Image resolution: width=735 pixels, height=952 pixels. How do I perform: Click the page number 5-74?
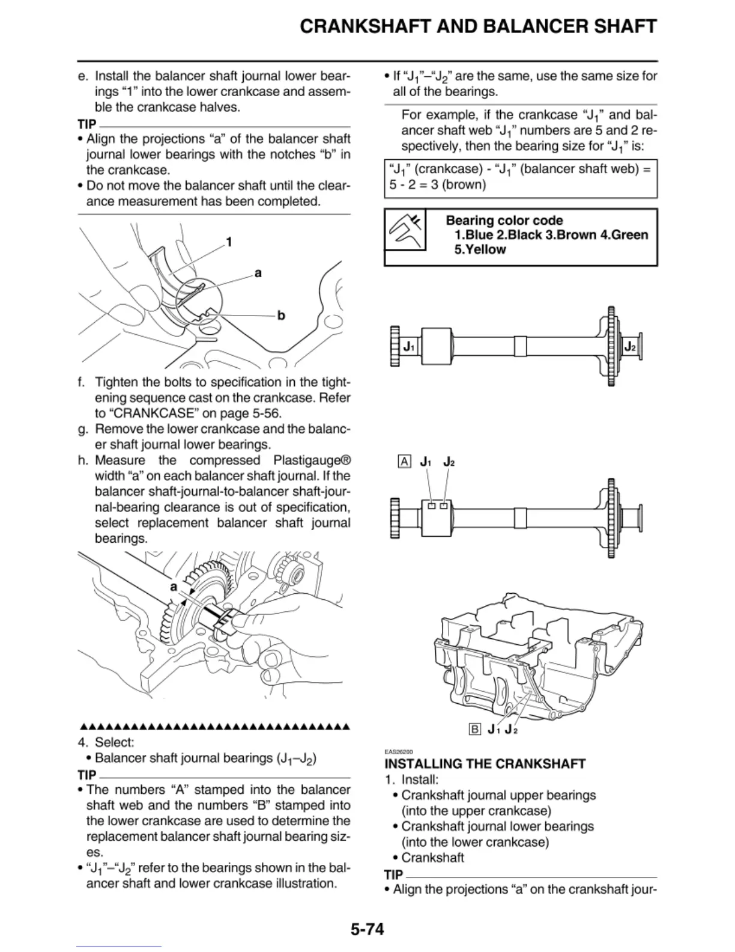click(x=367, y=929)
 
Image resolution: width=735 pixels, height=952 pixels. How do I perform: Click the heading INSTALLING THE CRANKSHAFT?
click(x=485, y=764)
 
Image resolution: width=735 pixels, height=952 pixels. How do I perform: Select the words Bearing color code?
click(x=504, y=221)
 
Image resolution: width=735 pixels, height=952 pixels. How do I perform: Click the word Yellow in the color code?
click(x=480, y=249)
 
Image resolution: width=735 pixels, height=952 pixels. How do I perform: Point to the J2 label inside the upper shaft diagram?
click(x=630, y=347)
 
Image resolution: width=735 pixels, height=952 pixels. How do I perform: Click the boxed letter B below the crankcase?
click(x=474, y=730)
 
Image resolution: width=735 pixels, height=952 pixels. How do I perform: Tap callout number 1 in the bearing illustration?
click(x=229, y=242)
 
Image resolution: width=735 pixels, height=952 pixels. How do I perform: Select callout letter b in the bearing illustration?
click(x=280, y=316)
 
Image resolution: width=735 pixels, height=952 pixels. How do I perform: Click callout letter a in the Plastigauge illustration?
click(x=174, y=586)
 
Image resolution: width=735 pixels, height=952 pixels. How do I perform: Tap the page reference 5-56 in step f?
click(x=265, y=413)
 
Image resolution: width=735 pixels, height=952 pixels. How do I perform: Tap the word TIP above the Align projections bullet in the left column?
click(x=86, y=124)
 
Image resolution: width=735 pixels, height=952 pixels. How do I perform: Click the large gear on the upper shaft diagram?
click(x=611, y=347)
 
